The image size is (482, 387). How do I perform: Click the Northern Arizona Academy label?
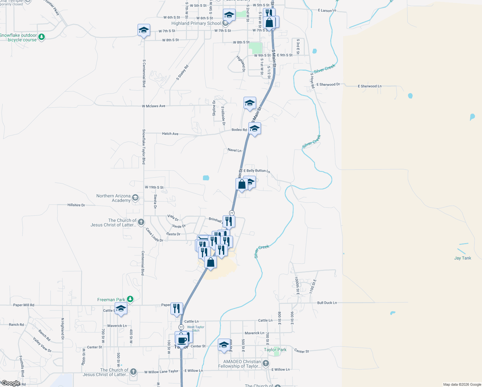tap(113, 198)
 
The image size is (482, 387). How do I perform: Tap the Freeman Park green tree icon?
tap(130, 299)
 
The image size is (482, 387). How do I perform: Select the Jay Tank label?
tap(462, 258)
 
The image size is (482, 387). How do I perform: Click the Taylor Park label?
tap(275, 350)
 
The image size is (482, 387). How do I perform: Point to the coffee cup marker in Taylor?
tap(182, 340)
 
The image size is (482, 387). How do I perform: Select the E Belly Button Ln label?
tap(257, 171)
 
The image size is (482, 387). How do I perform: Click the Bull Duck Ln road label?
tap(327, 303)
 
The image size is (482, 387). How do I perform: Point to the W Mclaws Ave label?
tap(153, 106)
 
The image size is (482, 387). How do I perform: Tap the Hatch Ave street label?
tap(170, 134)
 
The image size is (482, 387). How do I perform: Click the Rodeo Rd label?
tap(239, 130)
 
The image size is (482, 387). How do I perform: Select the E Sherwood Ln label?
tap(370, 86)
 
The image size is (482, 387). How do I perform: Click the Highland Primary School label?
tap(196, 23)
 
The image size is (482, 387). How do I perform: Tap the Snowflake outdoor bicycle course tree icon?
tap(41, 37)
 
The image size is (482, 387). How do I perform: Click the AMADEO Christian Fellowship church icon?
tap(265, 363)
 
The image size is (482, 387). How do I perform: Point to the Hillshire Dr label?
tap(76, 205)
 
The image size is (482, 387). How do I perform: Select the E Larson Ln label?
tap(327, 11)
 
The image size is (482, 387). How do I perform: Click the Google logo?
tap(11, 383)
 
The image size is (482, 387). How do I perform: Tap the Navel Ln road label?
tap(234, 150)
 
